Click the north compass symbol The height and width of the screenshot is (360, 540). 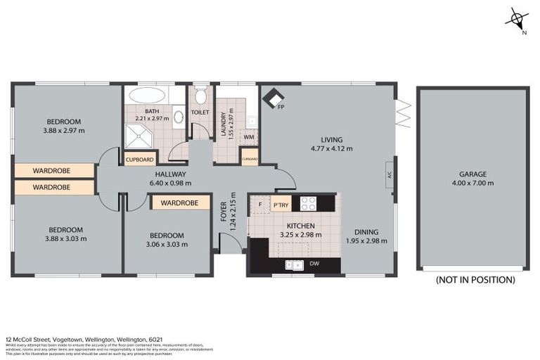click(518, 20)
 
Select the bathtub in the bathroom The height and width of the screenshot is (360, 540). click(148, 96)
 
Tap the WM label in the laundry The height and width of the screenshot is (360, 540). click(248, 138)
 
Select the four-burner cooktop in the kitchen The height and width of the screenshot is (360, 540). click(308, 203)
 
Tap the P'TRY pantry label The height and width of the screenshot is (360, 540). click(281, 205)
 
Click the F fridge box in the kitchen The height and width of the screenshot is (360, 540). click(260, 205)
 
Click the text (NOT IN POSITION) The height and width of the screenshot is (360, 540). click(475, 280)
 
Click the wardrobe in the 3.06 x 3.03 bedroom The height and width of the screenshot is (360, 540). click(180, 203)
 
